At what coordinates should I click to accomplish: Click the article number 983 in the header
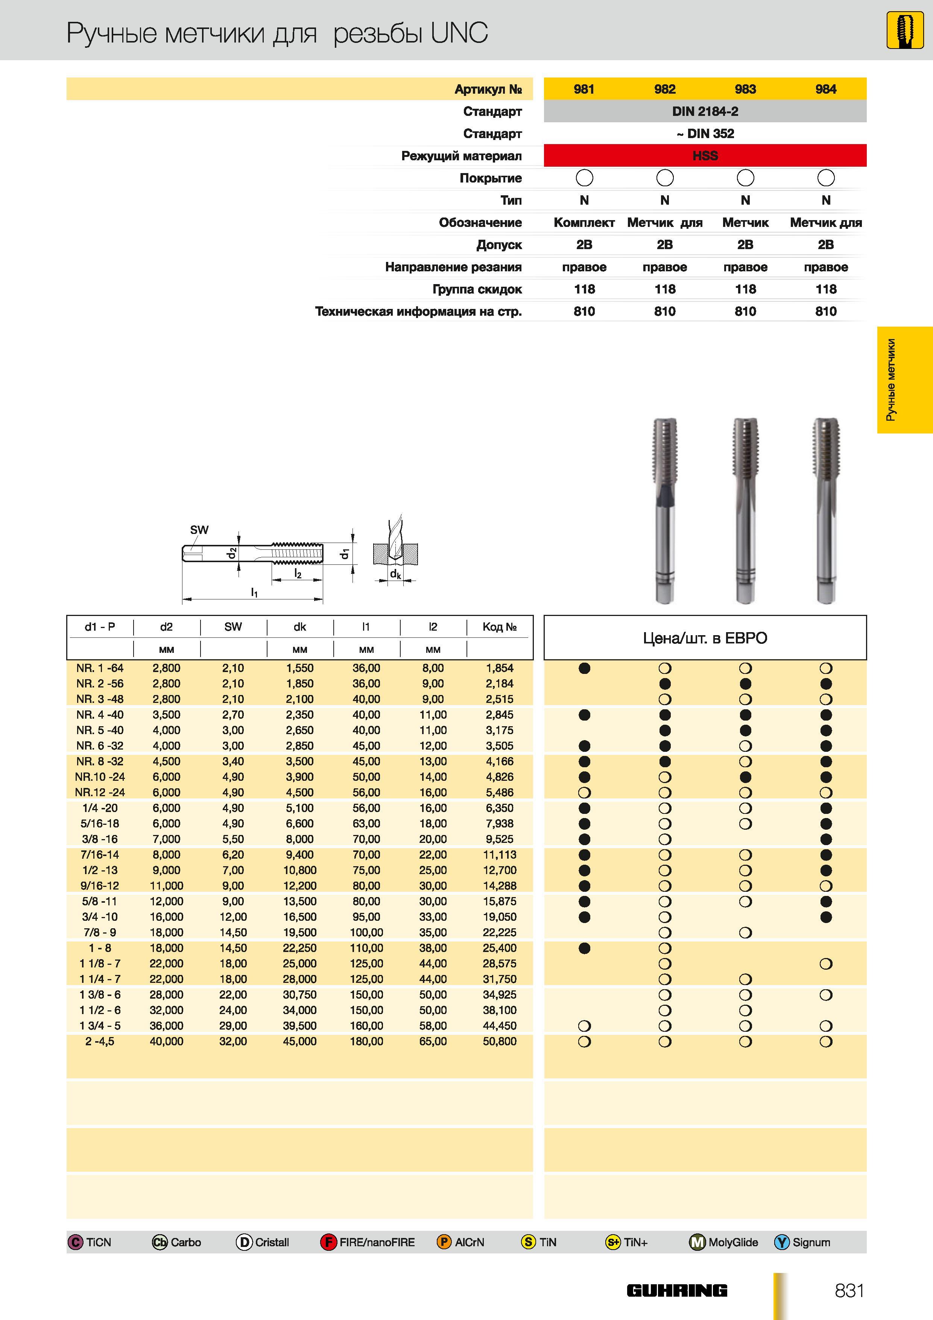[x=745, y=89]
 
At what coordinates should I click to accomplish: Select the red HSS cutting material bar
[x=705, y=156]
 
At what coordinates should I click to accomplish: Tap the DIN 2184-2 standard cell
[x=705, y=111]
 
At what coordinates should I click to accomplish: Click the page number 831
[x=849, y=1290]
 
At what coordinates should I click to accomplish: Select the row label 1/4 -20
[x=100, y=808]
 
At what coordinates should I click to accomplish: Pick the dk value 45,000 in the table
[x=299, y=1041]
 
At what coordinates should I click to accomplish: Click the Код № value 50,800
[x=500, y=1041]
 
